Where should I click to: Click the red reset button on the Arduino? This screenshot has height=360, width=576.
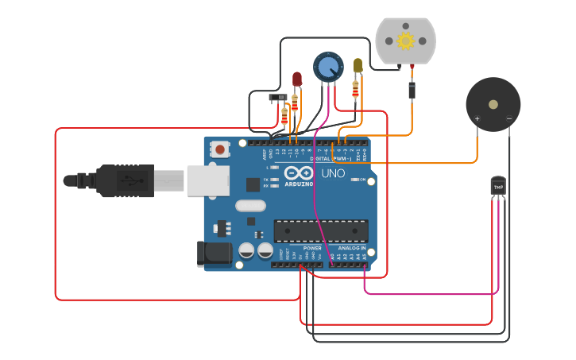pyautogui.click(x=220, y=148)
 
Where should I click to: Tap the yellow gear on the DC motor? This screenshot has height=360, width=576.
pyautogui.click(x=406, y=41)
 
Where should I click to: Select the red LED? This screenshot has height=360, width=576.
pyautogui.click(x=297, y=79)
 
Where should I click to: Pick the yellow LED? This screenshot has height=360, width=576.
pyautogui.click(x=358, y=65)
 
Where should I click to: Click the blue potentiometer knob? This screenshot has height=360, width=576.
pyautogui.click(x=327, y=66)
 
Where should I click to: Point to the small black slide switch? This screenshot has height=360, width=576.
pyautogui.click(x=278, y=98)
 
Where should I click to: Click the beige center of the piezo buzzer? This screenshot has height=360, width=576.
pyautogui.click(x=493, y=104)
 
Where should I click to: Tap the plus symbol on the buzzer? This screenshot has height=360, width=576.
pyautogui.click(x=477, y=119)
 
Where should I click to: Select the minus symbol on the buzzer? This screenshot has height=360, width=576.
pyautogui.click(x=509, y=119)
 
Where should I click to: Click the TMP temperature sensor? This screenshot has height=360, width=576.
pyautogui.click(x=498, y=186)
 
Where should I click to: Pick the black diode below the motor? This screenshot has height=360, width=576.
pyautogui.click(x=412, y=88)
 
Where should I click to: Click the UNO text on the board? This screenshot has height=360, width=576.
pyautogui.click(x=332, y=173)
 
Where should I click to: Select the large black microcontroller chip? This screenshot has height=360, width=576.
pyautogui.click(x=321, y=230)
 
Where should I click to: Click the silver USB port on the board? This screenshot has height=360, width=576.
pyautogui.click(x=207, y=180)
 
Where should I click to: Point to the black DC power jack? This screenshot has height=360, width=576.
pyautogui.click(x=214, y=254)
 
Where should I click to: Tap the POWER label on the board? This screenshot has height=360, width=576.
pyautogui.click(x=312, y=248)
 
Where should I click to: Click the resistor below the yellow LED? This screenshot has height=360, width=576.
pyautogui.click(x=355, y=91)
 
